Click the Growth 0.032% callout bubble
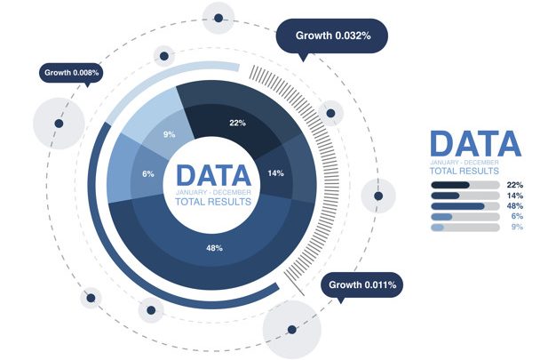[331, 36]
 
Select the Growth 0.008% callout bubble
[71, 73]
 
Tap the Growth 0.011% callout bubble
[362, 284]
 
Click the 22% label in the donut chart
[237, 123]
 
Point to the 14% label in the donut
[275, 173]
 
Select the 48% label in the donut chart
[215, 248]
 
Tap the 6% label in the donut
[148, 174]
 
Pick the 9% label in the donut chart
[169, 134]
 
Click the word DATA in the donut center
[213, 175]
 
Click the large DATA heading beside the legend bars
[475, 144]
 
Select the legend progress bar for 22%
[465, 185]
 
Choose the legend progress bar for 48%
[465, 206]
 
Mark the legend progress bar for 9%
[465, 228]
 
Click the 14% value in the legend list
[515, 196]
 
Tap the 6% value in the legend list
[517, 216]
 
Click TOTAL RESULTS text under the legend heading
[465, 172]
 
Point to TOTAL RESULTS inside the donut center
[213, 202]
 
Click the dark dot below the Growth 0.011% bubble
[292, 330]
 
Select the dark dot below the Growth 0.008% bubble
[59, 124]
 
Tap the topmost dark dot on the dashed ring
[218, 18]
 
